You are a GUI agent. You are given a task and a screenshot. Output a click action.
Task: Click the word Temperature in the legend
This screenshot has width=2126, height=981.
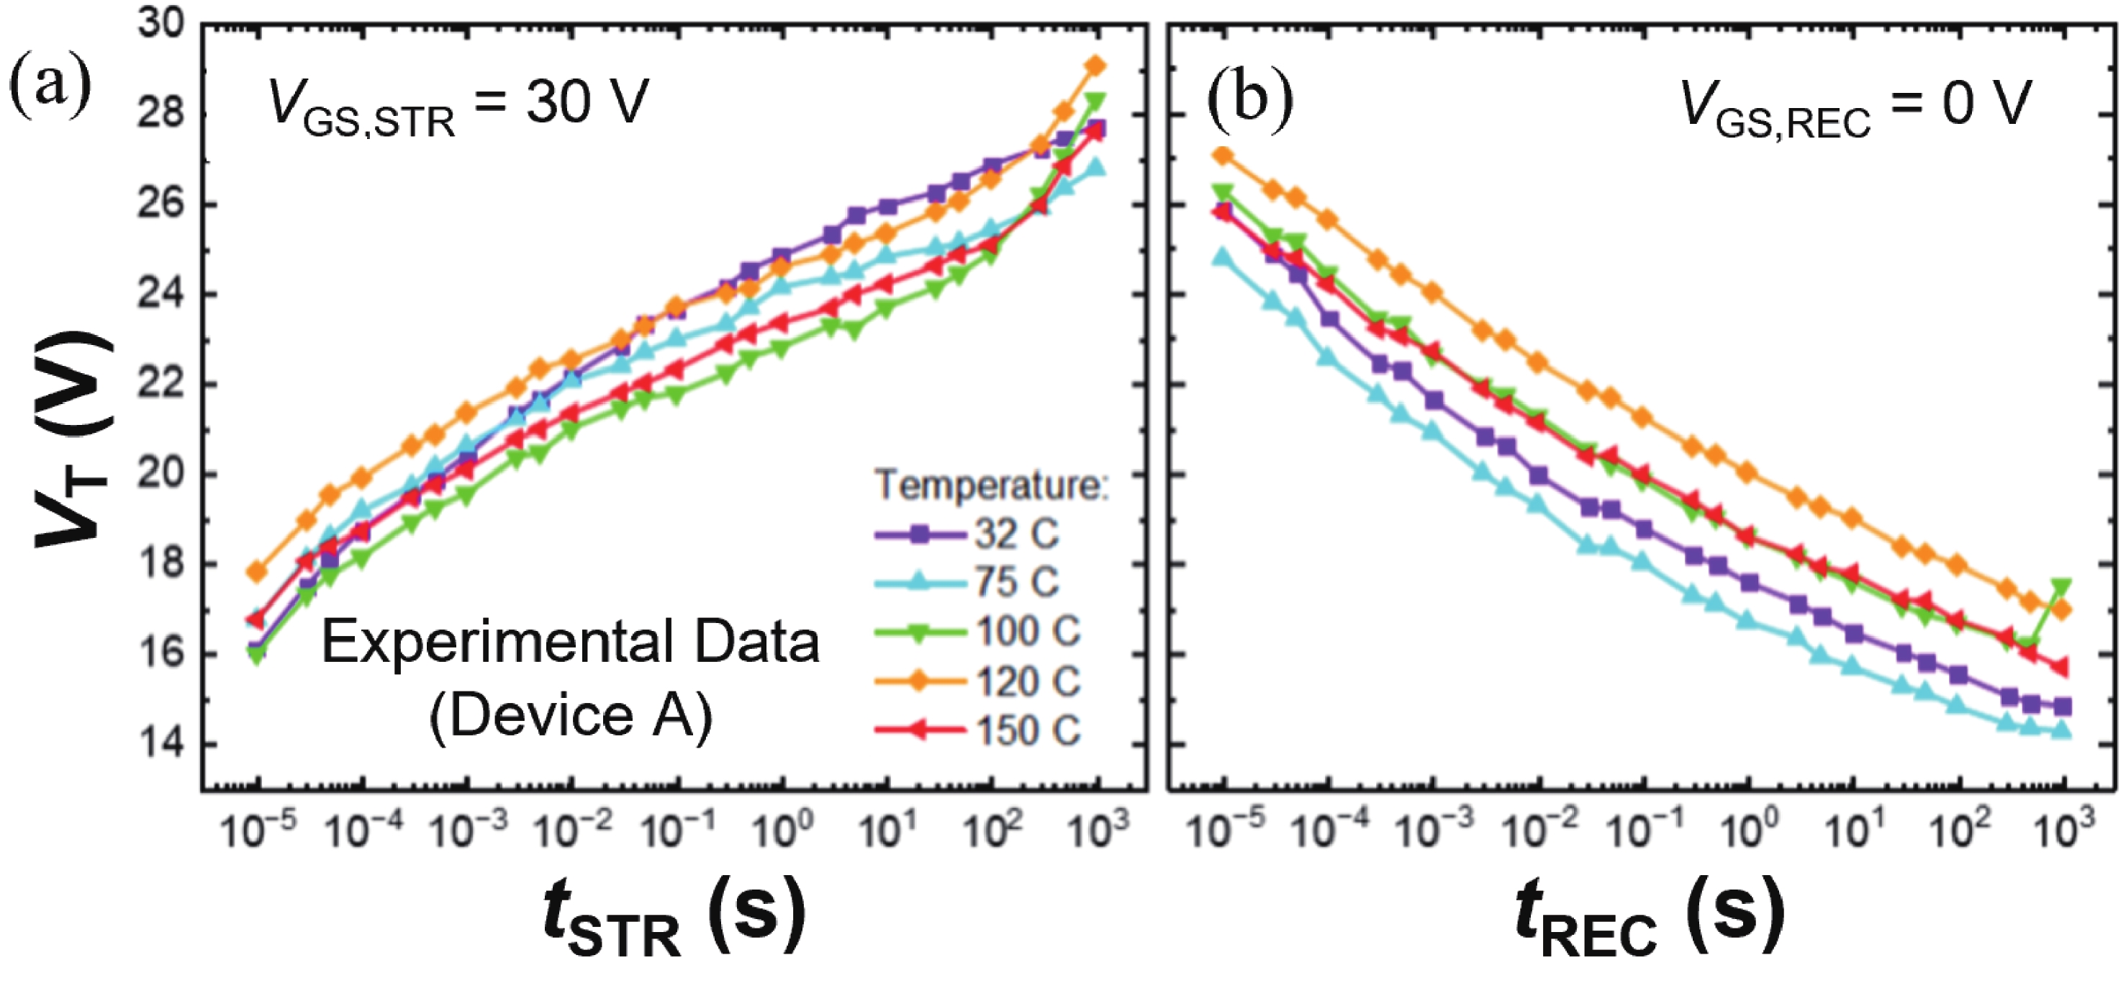tap(990, 485)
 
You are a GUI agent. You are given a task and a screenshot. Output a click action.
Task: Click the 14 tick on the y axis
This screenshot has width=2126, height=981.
tap(162, 743)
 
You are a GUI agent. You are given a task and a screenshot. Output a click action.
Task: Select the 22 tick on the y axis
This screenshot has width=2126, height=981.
tap(162, 384)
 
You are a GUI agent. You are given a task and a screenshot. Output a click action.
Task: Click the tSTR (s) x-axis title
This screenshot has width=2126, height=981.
tap(674, 917)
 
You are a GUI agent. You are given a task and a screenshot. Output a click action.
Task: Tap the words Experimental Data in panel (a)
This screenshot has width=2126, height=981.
tap(569, 642)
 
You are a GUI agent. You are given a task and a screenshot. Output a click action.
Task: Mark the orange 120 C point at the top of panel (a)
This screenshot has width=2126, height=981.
tap(1095, 66)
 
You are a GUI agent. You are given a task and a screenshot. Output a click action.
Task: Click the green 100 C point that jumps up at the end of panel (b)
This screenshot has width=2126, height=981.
tap(2061, 587)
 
